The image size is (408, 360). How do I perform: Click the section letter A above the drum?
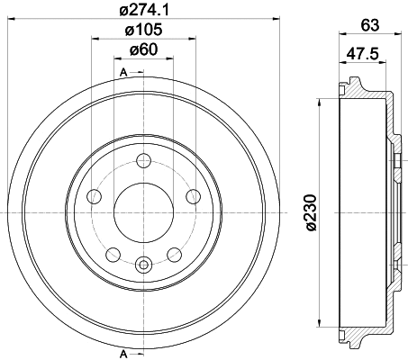point(122,71)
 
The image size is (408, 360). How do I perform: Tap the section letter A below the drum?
point(122,351)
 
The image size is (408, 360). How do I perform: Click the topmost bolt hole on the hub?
point(143,161)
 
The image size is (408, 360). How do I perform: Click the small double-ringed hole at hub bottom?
point(143,264)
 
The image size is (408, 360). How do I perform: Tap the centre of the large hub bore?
point(143,212)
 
